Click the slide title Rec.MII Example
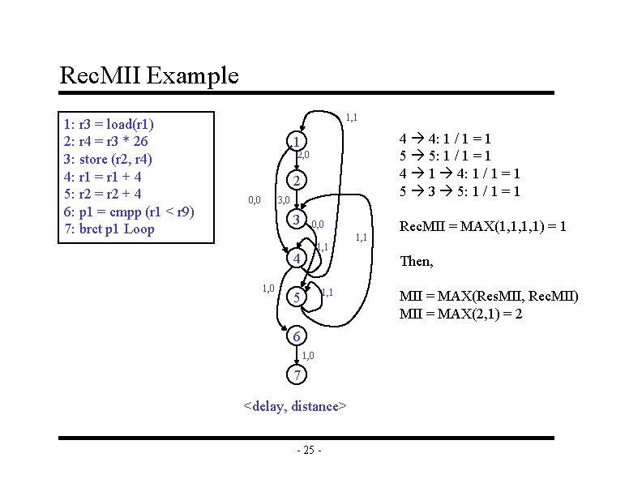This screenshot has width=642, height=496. [x=149, y=76]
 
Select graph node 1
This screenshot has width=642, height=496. [x=297, y=141]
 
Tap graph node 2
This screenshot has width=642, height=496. [x=297, y=180]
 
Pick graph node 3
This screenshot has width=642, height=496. [x=297, y=220]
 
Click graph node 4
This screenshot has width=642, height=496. [x=297, y=259]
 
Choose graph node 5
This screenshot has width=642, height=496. [x=297, y=298]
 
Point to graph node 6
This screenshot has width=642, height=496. [x=297, y=336]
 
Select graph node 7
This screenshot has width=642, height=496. [x=297, y=375]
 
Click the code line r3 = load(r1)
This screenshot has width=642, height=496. [x=109, y=125]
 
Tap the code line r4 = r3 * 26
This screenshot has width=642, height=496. [x=105, y=142]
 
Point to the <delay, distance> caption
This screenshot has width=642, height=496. [x=296, y=406]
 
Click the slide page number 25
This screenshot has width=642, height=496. [x=309, y=451]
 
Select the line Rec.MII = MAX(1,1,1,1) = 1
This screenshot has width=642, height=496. [x=483, y=227]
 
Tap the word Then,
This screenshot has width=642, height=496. [x=417, y=262]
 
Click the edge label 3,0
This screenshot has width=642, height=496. [x=284, y=200]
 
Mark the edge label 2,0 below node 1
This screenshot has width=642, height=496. [x=304, y=155]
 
